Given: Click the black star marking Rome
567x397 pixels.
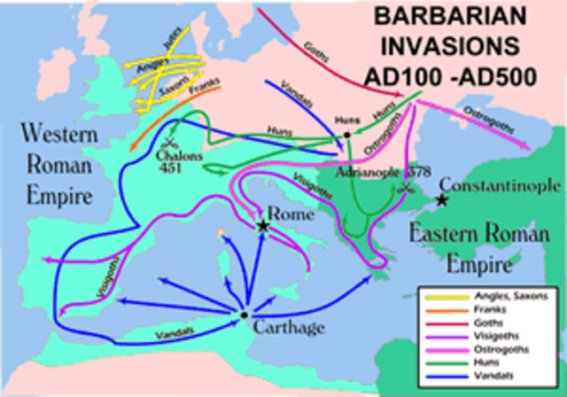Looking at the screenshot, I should (x=263, y=227).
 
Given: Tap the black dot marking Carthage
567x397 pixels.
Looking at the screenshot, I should (x=243, y=315).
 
